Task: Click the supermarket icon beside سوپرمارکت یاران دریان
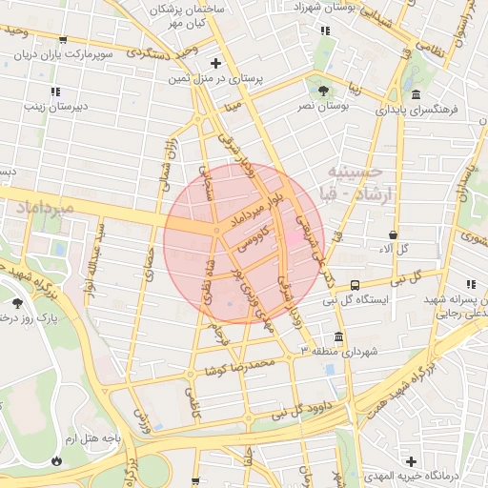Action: (x=62, y=41)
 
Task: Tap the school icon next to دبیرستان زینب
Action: (x=55, y=91)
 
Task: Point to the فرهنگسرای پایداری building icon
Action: (x=417, y=93)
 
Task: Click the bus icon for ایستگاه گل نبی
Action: (x=356, y=284)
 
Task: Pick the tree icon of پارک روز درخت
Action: (x=18, y=302)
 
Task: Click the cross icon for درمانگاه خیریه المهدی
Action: (x=412, y=460)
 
